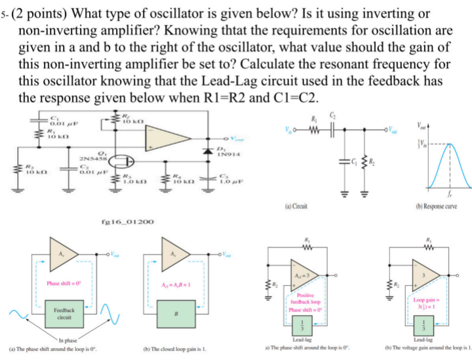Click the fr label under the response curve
click(450, 195)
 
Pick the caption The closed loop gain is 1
click(174, 350)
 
